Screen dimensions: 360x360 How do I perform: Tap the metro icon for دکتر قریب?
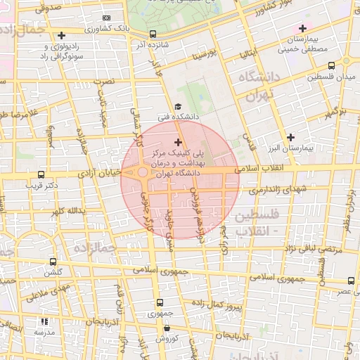point(41,174)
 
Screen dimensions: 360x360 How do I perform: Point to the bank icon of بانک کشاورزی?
point(106,18)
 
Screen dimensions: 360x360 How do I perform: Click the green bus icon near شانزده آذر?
point(153,33)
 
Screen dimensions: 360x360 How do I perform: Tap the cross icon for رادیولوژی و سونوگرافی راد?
point(63,34)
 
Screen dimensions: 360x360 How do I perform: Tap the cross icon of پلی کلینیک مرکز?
point(176,143)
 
